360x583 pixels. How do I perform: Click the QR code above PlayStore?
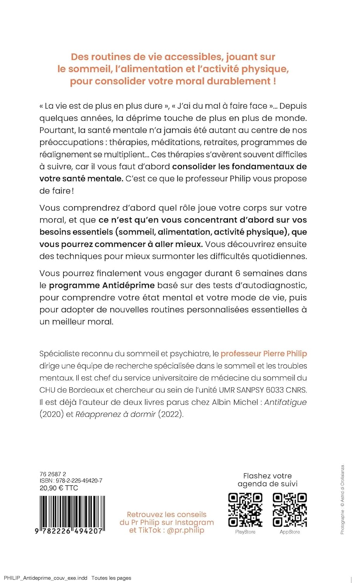point(245,510)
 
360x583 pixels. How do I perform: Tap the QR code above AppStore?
point(290,510)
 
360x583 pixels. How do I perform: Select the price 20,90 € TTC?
point(59,488)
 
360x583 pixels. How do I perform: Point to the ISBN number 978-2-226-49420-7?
point(79,481)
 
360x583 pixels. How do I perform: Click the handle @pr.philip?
point(185,530)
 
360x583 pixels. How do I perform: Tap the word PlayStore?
point(245,532)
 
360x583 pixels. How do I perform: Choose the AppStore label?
point(290,532)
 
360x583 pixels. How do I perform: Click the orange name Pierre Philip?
point(285,354)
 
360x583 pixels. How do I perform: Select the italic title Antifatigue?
point(285,402)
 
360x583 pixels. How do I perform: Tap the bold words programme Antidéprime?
point(102,285)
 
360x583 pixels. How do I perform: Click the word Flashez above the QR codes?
point(257,476)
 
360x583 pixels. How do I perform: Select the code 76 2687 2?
point(53,474)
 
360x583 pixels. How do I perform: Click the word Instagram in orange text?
point(194,522)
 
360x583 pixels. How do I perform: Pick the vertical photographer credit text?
point(343,499)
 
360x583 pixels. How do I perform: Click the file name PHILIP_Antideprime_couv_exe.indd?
point(45,578)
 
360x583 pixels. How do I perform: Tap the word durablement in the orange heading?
point(238,81)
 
